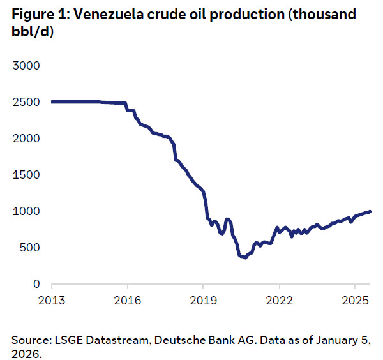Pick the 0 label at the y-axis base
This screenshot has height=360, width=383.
click(36, 284)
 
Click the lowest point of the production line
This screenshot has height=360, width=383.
click(245, 258)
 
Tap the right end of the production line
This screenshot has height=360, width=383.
click(370, 211)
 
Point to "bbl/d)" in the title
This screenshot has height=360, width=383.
click(32, 32)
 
